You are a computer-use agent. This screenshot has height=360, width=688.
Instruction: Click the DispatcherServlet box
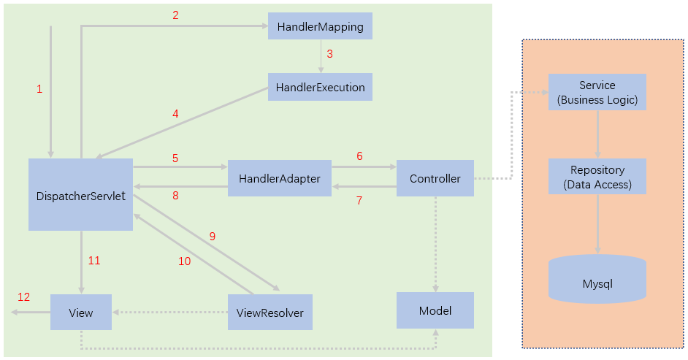[80, 195]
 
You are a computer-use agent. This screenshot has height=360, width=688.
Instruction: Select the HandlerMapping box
[320, 26]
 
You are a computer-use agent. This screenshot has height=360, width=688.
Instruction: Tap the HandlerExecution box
[320, 87]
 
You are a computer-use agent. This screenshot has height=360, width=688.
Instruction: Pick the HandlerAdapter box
[280, 178]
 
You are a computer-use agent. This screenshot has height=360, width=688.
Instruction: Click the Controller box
[435, 178]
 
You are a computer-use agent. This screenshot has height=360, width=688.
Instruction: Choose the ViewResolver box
[270, 313]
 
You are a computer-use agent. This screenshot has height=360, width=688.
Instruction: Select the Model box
[435, 310]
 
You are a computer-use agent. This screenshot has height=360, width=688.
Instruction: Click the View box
[80, 313]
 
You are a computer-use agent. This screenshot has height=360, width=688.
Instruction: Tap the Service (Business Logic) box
[597, 92]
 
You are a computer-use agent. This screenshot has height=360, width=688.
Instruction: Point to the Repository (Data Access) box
[597, 177]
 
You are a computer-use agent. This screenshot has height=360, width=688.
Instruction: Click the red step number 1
[39, 89]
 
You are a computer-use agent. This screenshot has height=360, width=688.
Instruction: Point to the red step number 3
[329, 54]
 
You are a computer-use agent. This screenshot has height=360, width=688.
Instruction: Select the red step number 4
[175, 114]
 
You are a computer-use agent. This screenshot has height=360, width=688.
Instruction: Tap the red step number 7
[359, 200]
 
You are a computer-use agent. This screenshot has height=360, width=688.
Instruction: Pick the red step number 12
[24, 297]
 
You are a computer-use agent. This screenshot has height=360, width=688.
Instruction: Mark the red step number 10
[184, 261]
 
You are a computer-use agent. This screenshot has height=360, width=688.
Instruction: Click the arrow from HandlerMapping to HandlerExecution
[320, 56]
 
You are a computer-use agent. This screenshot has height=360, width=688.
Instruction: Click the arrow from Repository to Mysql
[597, 223]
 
